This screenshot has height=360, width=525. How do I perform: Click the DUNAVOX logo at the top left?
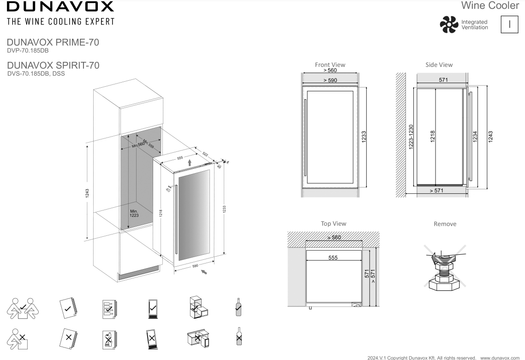pos(58,7)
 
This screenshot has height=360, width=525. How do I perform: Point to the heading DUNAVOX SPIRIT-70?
pos(56,66)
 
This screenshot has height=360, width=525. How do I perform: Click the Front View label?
pos(330,65)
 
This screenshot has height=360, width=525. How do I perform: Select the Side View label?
pos(439,65)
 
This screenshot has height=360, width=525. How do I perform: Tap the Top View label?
pos(333,223)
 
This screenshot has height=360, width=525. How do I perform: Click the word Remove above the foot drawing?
pos(445,224)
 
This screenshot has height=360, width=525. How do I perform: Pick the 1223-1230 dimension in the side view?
pos(411,137)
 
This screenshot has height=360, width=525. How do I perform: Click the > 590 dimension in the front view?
pos(330,80)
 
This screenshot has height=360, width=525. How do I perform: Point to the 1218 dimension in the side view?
pos(432,137)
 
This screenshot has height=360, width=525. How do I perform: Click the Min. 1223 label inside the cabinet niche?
pos(134,213)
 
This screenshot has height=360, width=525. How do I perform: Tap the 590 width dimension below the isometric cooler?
pos(195,266)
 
